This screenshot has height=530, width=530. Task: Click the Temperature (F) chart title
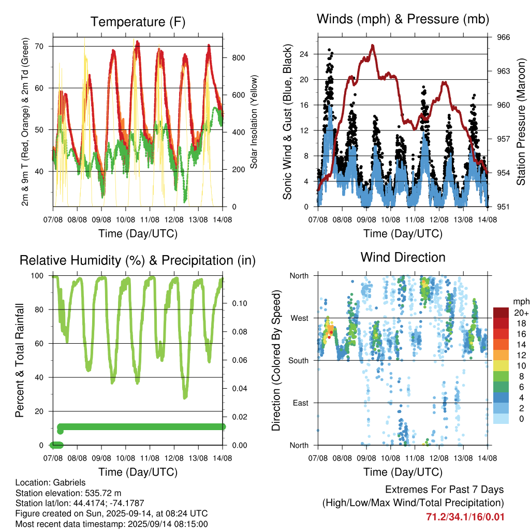[x=138, y=22]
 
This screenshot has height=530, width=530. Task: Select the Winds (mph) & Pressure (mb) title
[x=403, y=19]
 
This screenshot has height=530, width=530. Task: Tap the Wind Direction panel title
[x=403, y=257]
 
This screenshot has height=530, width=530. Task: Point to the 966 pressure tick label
[x=503, y=37]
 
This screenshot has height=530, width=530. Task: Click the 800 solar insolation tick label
[x=238, y=58]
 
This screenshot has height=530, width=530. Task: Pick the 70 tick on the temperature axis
[x=39, y=46]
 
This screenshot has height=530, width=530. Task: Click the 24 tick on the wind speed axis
[x=304, y=54]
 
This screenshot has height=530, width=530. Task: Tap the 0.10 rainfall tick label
[x=240, y=303]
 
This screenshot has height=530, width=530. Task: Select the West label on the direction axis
[x=300, y=318]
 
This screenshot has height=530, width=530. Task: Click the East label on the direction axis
[x=301, y=403]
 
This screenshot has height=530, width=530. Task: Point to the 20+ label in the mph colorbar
[x=521, y=313]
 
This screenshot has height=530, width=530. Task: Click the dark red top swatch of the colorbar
[x=501, y=313]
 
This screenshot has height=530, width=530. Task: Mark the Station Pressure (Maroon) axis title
[x=521, y=122]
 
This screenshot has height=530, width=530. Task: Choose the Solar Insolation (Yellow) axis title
[x=254, y=122]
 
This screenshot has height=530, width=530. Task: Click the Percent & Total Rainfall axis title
[x=20, y=360]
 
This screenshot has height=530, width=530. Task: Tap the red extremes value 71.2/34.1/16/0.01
[x=465, y=517]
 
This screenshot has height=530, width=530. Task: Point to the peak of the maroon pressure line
[x=373, y=45]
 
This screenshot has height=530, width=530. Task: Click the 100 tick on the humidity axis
[x=37, y=276]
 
